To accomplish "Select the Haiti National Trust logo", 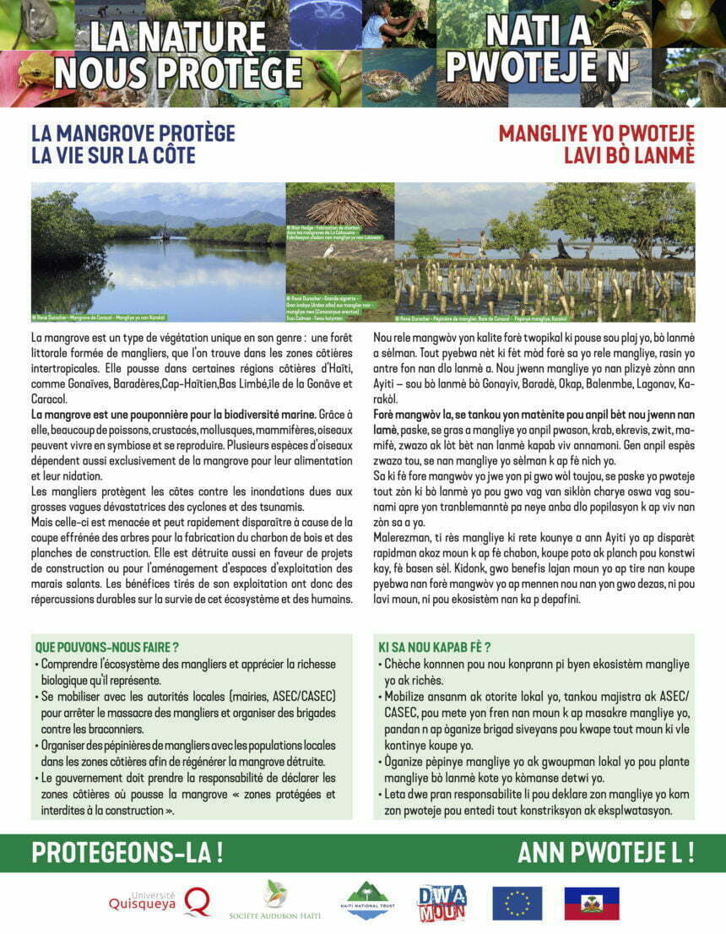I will click(367, 901).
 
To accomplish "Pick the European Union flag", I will click(517, 903).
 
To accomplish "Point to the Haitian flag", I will click(591, 903).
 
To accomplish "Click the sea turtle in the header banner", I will click(396, 79).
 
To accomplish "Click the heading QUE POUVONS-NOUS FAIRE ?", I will click(106, 647).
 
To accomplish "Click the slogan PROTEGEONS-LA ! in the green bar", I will click(127, 852).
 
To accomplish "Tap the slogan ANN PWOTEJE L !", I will click(605, 852).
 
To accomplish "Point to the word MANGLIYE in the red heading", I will click(546, 134).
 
